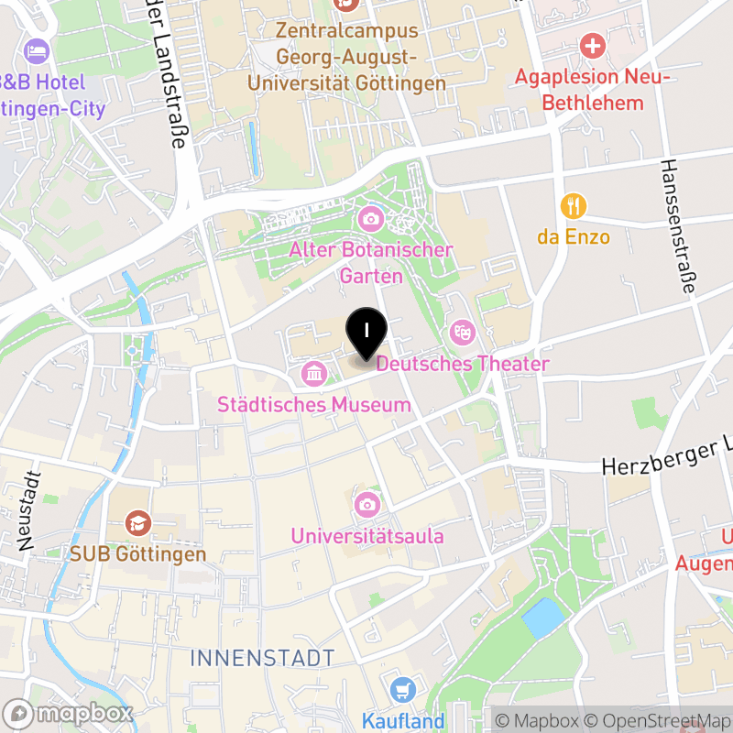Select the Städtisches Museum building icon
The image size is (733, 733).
[x=313, y=373]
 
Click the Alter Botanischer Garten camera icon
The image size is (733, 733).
[x=371, y=218]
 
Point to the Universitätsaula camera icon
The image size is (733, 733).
[x=366, y=504]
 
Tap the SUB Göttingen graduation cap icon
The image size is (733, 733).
[x=139, y=523]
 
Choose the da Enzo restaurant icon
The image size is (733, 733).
[x=574, y=206]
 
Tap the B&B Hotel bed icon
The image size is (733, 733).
[x=38, y=49]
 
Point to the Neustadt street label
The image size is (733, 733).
[x=29, y=509]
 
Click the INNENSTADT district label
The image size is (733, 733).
[x=262, y=657]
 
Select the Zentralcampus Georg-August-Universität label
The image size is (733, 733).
[x=348, y=57]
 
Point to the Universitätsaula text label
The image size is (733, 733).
[x=367, y=536]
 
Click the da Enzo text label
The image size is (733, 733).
[x=574, y=237]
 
